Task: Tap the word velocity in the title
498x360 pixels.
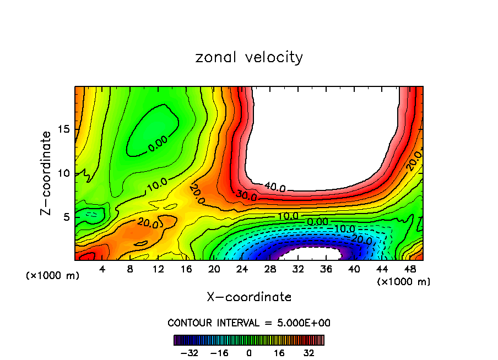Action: (x=274, y=57)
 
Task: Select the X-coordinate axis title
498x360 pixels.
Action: (x=249, y=297)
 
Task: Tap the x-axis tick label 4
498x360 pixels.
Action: (x=102, y=269)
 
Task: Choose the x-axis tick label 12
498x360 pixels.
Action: (x=158, y=269)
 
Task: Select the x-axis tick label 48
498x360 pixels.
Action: (x=410, y=269)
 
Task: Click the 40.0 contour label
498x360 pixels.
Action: (x=275, y=188)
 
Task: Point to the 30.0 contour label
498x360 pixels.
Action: (x=246, y=196)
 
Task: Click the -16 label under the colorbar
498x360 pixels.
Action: (x=219, y=352)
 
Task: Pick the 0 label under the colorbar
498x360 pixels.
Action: (x=249, y=352)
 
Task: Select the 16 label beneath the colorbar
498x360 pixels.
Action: (x=278, y=352)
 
